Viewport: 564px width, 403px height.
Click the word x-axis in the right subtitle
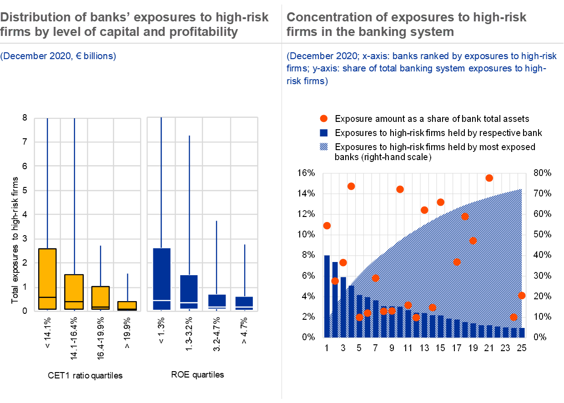(x=374, y=56)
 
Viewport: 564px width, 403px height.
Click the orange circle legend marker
(x=323, y=119)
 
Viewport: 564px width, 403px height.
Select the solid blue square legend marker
(x=323, y=133)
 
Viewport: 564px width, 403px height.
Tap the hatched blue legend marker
(x=323, y=146)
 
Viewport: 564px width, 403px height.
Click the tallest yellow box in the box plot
(x=47, y=278)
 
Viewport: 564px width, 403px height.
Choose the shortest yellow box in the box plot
(x=127, y=305)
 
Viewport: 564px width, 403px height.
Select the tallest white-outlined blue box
(x=161, y=278)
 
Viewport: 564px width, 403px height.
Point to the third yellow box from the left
(x=101, y=297)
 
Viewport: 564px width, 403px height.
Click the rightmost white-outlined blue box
(x=244, y=303)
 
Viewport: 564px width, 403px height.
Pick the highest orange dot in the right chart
(x=489, y=178)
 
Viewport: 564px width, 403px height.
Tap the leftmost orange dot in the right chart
(x=327, y=226)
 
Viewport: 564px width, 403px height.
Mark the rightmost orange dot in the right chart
(x=522, y=296)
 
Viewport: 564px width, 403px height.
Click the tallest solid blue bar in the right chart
(x=327, y=296)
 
